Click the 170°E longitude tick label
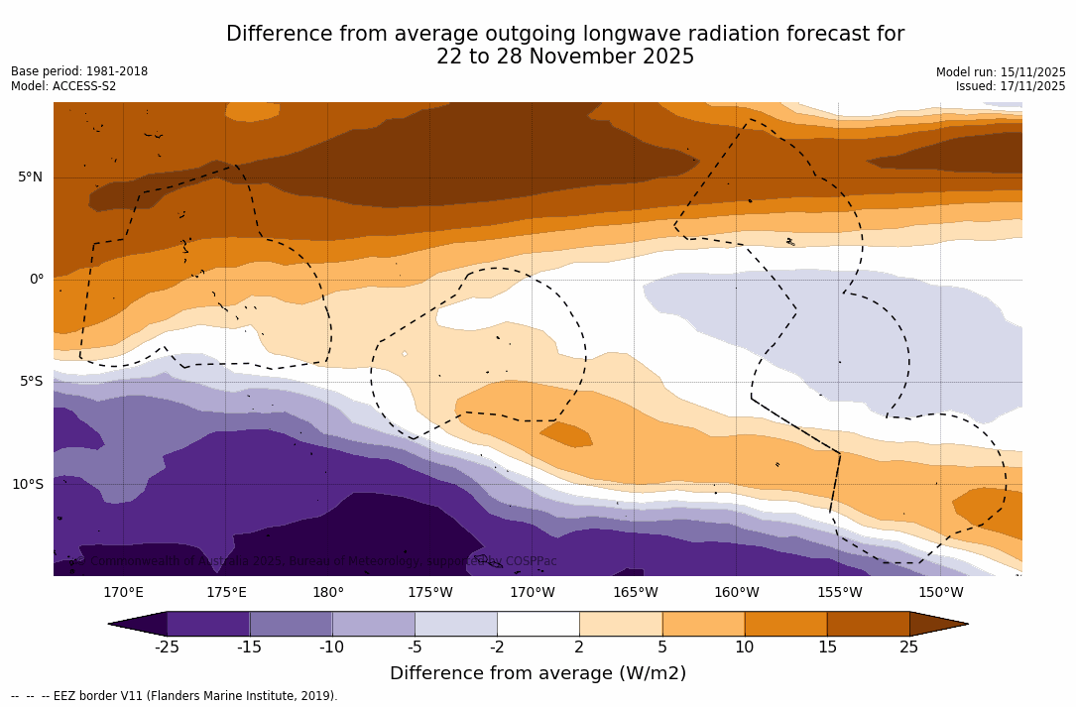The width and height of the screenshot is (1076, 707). click(x=124, y=593)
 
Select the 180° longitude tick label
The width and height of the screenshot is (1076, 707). click(x=328, y=593)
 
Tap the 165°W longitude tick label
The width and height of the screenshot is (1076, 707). click(x=635, y=593)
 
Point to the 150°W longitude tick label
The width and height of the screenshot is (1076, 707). click(x=940, y=593)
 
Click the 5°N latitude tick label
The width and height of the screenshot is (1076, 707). click(x=30, y=177)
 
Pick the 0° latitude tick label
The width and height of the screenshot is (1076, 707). click(x=36, y=280)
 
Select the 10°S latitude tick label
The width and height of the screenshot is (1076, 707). click(x=27, y=485)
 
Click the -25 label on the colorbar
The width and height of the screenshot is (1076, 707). click(x=167, y=648)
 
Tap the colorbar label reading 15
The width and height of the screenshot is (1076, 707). click(x=826, y=648)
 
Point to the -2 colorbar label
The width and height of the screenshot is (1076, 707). click(x=497, y=648)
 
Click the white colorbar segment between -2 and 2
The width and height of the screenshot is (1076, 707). click(x=538, y=624)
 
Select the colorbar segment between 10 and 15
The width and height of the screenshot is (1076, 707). click(x=784, y=624)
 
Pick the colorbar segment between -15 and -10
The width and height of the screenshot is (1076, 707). click(x=291, y=624)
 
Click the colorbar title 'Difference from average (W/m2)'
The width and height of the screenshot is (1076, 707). click(x=538, y=673)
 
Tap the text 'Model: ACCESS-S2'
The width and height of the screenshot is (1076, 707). click(x=63, y=86)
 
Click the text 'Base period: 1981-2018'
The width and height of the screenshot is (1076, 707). click(x=79, y=71)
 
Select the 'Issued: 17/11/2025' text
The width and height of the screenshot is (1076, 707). click(x=1011, y=86)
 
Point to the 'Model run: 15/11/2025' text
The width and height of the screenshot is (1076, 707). click(x=1001, y=72)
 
